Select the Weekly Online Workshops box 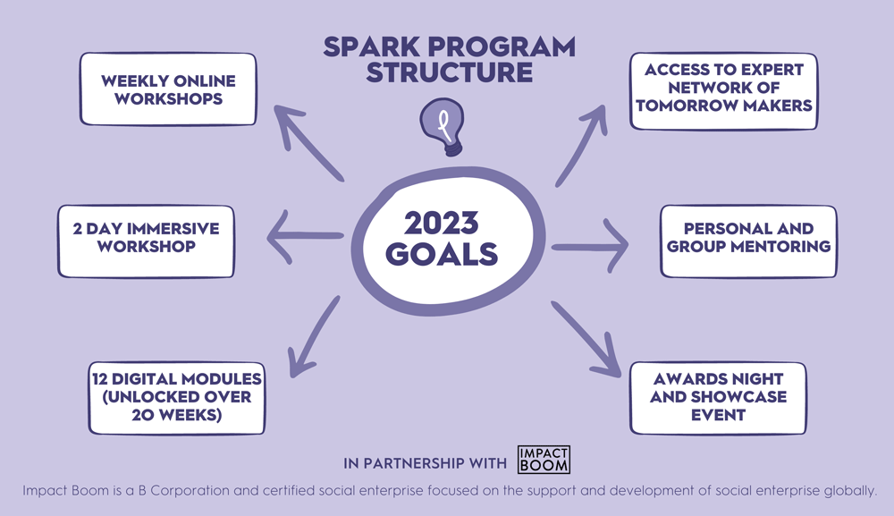[x=168, y=89]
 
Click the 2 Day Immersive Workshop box [x=146, y=241]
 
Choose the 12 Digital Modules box [x=176, y=396]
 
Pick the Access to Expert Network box [x=723, y=90]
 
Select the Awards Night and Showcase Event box [x=718, y=395]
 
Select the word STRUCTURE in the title [x=450, y=72]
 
